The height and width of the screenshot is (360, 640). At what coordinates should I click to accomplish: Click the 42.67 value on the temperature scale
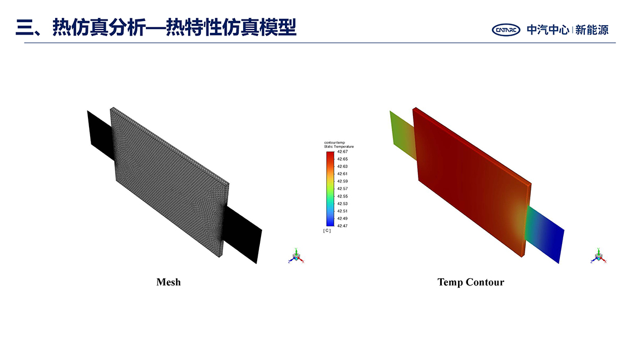(x=342, y=152)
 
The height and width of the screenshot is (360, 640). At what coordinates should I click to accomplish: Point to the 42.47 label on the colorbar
(x=342, y=226)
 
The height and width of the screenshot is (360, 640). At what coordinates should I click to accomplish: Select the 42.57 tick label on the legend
(x=342, y=189)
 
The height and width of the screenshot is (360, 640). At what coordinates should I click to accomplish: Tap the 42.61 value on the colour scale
(x=342, y=174)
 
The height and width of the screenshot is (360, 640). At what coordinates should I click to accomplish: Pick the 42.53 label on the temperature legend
(x=342, y=204)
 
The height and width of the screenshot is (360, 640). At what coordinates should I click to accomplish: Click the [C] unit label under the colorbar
(x=327, y=230)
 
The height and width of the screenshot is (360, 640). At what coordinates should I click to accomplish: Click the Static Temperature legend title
(x=339, y=146)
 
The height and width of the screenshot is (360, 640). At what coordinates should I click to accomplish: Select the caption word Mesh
(x=169, y=282)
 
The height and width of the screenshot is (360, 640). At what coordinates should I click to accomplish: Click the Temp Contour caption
(x=471, y=282)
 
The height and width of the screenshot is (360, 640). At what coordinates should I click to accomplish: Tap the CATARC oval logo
(x=506, y=30)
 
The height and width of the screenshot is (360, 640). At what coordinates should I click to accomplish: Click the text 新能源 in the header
(x=592, y=30)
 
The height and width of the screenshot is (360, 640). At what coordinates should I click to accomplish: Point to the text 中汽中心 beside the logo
(x=548, y=30)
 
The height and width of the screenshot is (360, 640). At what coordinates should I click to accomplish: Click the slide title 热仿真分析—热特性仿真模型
(x=174, y=28)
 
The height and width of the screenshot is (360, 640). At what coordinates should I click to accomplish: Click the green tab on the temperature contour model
(x=403, y=135)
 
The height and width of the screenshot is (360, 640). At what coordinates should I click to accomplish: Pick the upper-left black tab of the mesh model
(x=101, y=135)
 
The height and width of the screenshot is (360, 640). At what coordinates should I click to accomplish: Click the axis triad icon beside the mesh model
(x=296, y=256)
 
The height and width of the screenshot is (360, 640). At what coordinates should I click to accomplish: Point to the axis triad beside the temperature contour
(x=598, y=256)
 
